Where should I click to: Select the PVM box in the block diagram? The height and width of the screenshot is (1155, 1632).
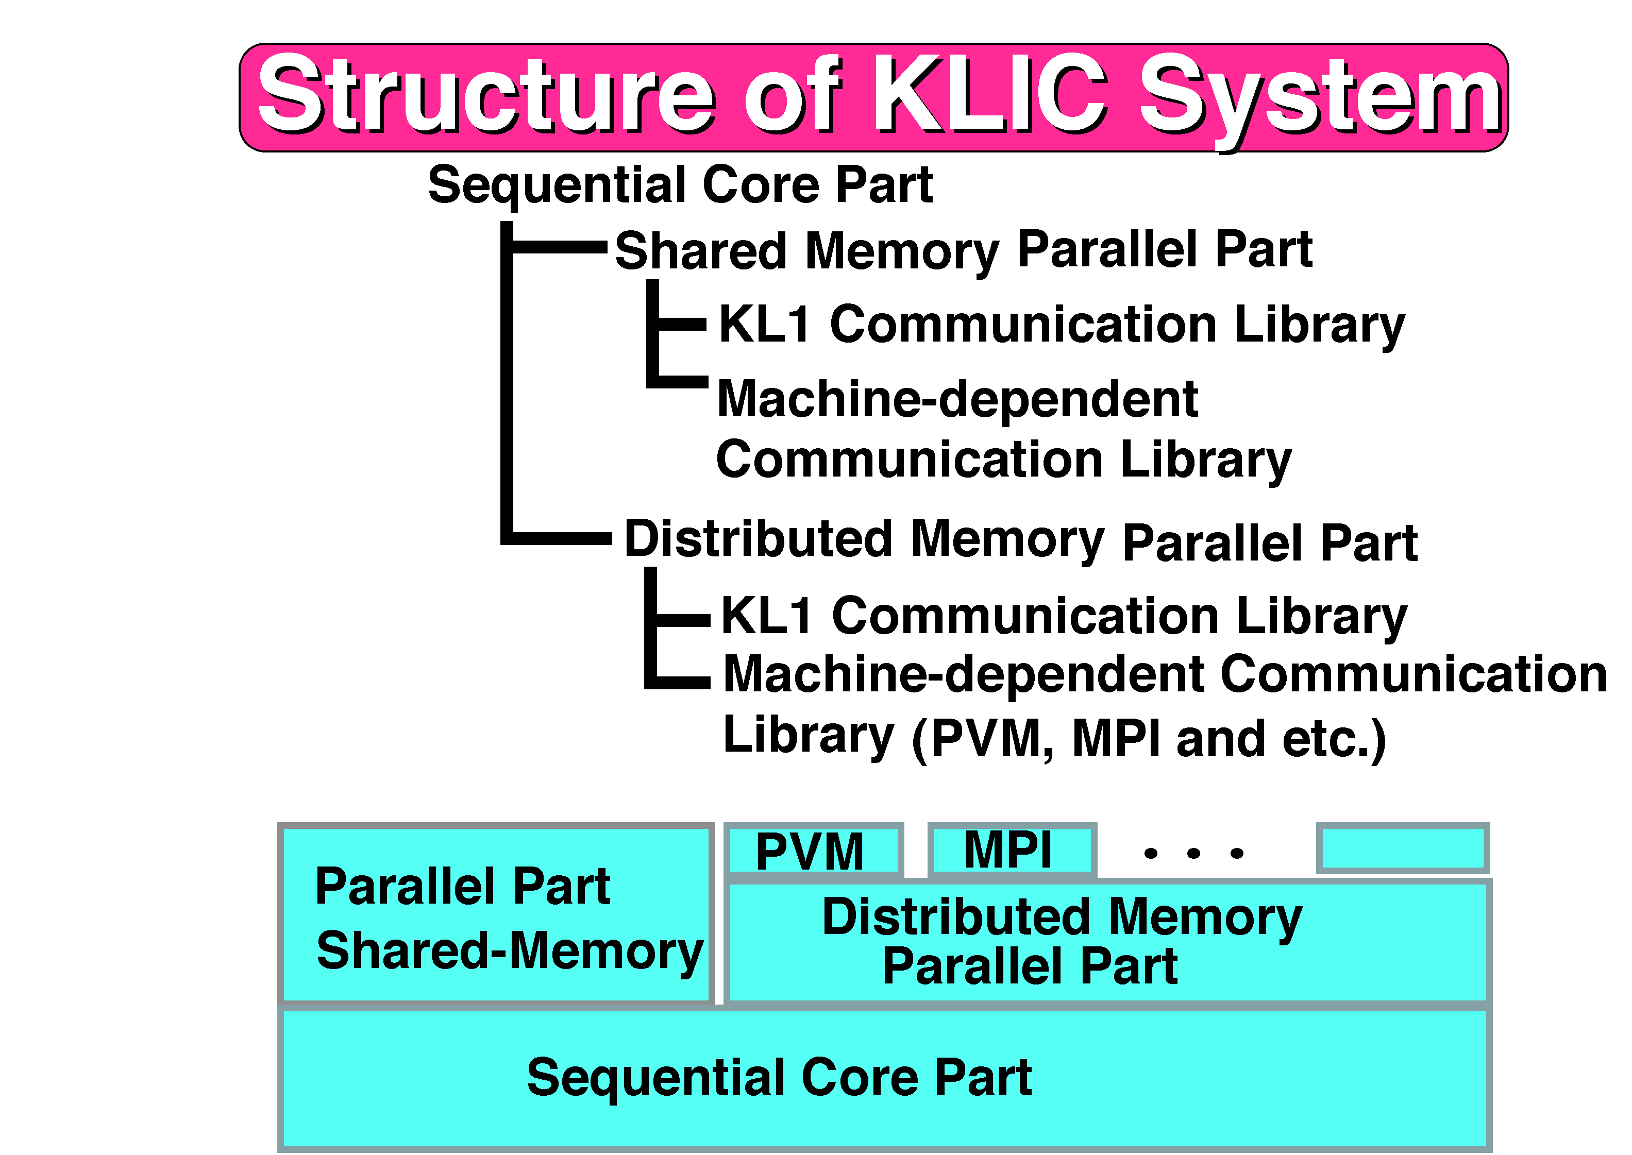point(813,850)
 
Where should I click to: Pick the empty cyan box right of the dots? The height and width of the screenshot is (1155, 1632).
point(1402,848)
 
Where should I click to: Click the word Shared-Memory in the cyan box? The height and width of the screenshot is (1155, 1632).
point(509,952)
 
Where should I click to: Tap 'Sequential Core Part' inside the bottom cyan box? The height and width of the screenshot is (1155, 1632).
point(779,1078)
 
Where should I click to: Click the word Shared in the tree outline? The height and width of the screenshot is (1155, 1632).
point(701,251)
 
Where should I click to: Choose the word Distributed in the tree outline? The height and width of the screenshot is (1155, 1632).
point(758,538)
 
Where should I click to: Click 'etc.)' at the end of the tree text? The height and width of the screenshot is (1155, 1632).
point(1334,740)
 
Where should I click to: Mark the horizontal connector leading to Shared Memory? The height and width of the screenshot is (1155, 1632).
point(559,247)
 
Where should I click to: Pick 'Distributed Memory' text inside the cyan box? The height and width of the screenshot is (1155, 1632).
point(1062,918)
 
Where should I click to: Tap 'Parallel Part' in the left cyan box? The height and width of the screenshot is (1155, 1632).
point(462,887)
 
